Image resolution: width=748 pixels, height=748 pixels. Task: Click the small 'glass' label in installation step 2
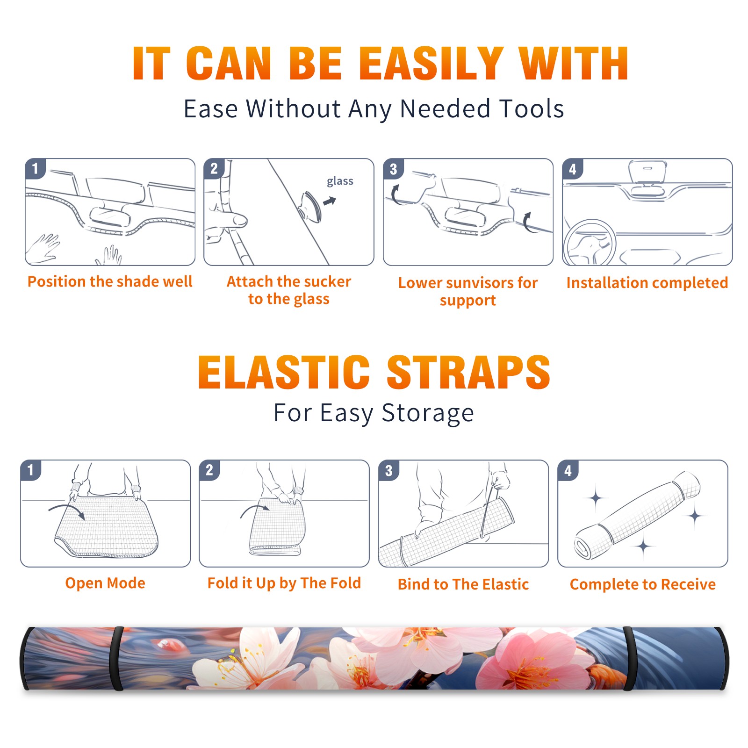[x=340, y=181]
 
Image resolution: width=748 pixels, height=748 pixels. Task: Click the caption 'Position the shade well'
[x=110, y=281]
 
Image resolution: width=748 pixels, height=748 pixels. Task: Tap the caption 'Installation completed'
[x=647, y=282]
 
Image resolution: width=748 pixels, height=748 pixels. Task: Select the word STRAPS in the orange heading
[x=468, y=372]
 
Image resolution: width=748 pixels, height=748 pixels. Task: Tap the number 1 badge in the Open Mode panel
[x=31, y=470]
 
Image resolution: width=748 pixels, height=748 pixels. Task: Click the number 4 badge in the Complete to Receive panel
[x=568, y=470]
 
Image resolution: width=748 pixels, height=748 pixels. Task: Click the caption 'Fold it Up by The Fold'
[x=284, y=583]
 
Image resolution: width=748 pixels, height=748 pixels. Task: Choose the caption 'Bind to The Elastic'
[x=463, y=584]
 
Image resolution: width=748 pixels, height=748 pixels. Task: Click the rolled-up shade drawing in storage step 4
[x=637, y=516]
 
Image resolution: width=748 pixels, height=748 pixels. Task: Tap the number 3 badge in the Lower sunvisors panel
[x=394, y=169]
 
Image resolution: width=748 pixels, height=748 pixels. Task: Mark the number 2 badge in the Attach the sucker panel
[x=214, y=169]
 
